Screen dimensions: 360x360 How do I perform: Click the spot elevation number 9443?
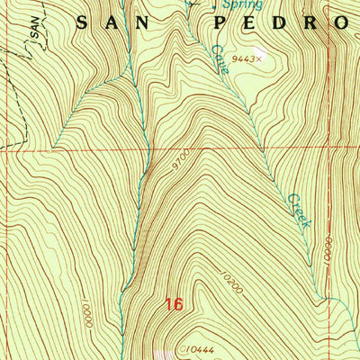click(x=242, y=59)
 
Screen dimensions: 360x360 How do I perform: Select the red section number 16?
click(x=175, y=306)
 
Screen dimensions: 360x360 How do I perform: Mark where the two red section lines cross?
click(x=327, y=150)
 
